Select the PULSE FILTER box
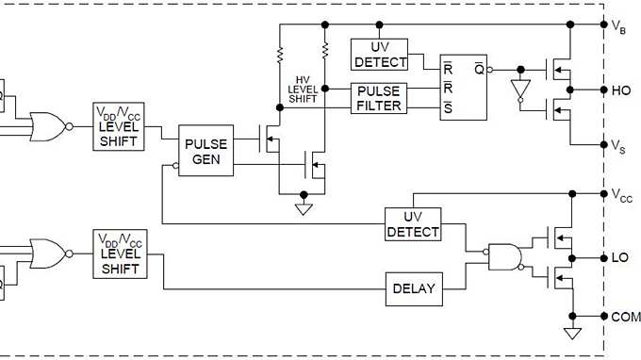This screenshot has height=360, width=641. tap(378, 97)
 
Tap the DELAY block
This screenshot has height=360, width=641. tap(414, 288)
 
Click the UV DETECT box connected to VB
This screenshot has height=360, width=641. tap(378, 54)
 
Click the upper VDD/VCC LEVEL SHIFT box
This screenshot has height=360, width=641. tap(119, 126)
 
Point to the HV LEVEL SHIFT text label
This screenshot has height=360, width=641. tap(303, 87)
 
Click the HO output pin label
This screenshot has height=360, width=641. tap(621, 90)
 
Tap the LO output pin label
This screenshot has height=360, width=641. tap(620, 257)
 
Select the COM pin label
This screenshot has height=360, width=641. tap(624, 317)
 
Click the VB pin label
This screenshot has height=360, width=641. tap(619, 25)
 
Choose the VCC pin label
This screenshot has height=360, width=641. tap(621, 195)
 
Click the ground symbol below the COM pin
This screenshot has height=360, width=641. tap(570, 333)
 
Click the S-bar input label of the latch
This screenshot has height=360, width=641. tap(447, 106)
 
